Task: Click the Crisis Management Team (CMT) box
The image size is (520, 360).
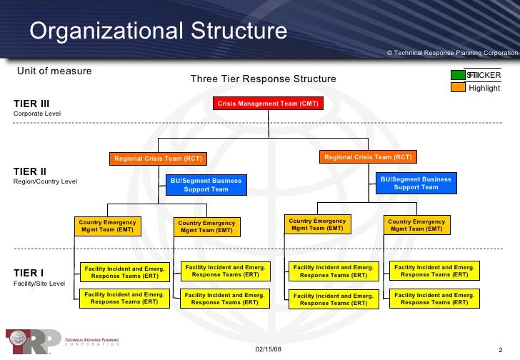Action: tap(268, 104)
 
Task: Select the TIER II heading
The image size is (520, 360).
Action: tap(31, 171)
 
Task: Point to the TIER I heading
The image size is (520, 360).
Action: tap(29, 273)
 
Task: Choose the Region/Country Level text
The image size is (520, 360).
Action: tap(46, 181)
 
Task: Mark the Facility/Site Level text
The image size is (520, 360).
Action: tap(40, 284)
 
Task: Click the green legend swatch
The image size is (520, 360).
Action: tap(456, 75)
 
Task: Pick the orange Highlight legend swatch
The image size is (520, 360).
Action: tap(456, 87)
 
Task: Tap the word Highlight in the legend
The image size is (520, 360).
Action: tap(484, 88)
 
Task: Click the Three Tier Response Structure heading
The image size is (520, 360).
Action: tap(263, 79)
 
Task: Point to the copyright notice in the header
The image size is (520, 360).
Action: tap(452, 54)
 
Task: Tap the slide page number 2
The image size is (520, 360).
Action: tap(500, 349)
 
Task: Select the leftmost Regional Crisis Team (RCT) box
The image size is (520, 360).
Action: tap(159, 159)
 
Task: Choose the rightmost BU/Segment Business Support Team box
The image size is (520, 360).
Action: tap(416, 183)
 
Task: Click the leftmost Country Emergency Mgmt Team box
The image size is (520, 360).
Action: tap(107, 226)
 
